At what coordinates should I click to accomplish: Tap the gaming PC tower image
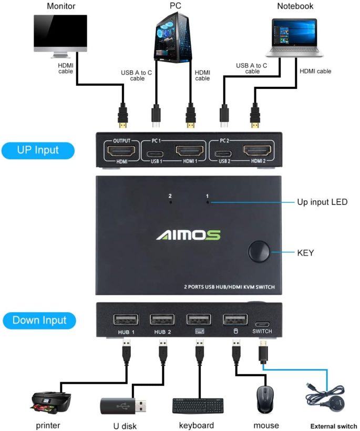172,37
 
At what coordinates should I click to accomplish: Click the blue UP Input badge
38,150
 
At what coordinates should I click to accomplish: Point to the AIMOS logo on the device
188,234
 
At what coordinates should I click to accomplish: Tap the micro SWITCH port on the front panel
262,324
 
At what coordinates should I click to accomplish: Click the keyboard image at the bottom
198,405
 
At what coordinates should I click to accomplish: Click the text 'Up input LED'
322,202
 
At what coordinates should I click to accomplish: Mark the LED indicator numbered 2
170,202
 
